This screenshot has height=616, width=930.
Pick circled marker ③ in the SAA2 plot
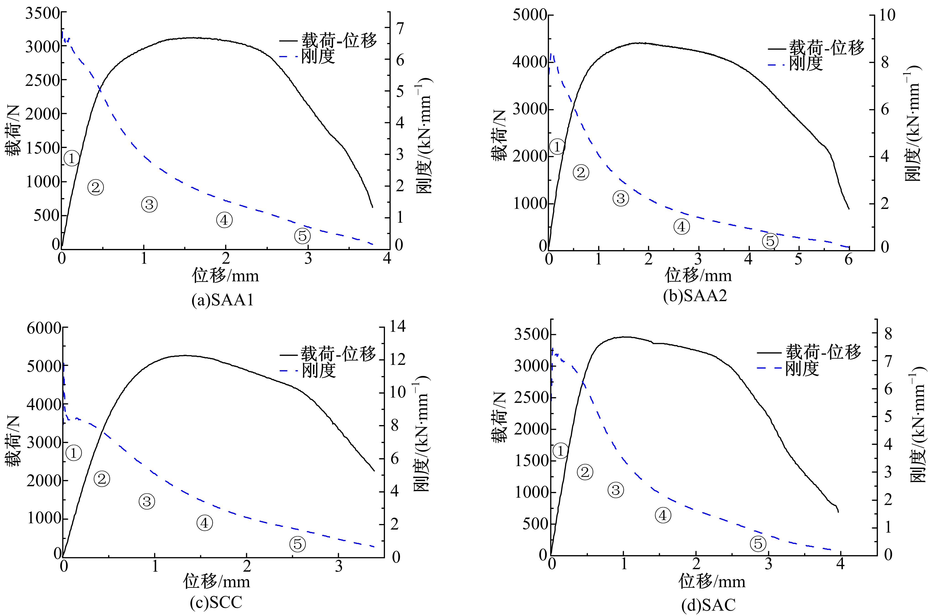621,199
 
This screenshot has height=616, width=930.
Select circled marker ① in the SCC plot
74,453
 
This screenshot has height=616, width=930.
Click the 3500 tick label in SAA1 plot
42,13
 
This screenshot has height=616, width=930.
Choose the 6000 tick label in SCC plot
44,328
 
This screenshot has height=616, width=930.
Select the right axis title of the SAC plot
918,424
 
